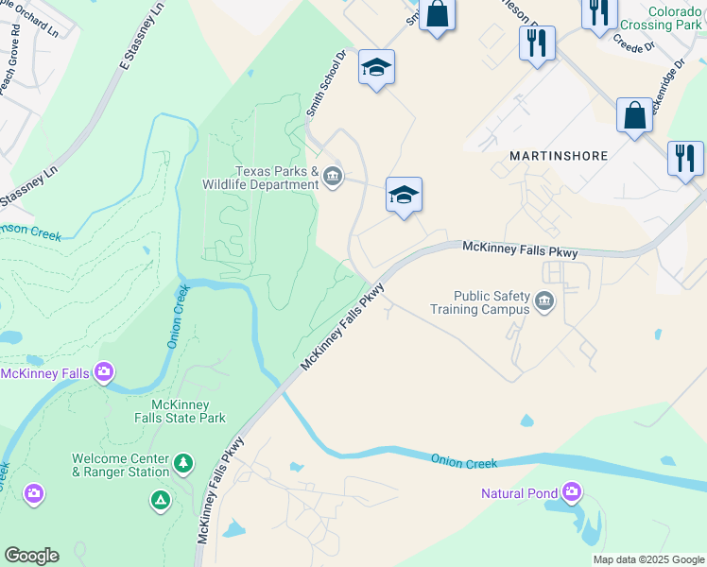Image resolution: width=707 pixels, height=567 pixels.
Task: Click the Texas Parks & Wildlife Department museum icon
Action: tap(333, 177)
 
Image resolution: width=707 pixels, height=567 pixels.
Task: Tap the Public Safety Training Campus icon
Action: tap(543, 301)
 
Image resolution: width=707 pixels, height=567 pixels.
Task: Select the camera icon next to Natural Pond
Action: tap(571, 492)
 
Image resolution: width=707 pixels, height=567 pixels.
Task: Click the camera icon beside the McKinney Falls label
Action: tap(104, 372)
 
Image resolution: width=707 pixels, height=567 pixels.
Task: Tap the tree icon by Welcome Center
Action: tap(183, 464)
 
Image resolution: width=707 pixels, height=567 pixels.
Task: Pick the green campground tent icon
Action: tap(161, 497)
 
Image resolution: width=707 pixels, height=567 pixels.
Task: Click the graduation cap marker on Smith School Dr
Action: tap(376, 67)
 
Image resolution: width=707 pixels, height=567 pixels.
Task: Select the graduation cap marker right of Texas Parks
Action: tap(404, 196)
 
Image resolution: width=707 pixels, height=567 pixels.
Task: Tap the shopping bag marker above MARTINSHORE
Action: tap(634, 115)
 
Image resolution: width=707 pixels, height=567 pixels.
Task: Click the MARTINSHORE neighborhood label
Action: tap(559, 155)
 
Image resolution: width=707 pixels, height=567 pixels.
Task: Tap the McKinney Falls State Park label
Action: tap(179, 411)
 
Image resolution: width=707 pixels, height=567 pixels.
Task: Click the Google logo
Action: tap(31, 556)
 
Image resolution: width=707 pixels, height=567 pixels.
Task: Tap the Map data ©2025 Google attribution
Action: tap(648, 559)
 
